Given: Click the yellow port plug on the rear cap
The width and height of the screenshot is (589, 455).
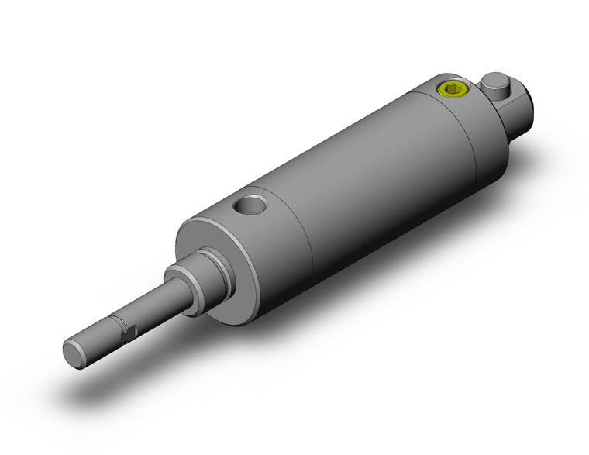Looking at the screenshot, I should click(452, 89).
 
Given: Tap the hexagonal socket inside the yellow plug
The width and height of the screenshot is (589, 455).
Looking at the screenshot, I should click(452, 89).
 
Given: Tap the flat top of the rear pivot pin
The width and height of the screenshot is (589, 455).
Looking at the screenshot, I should click(495, 79).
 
